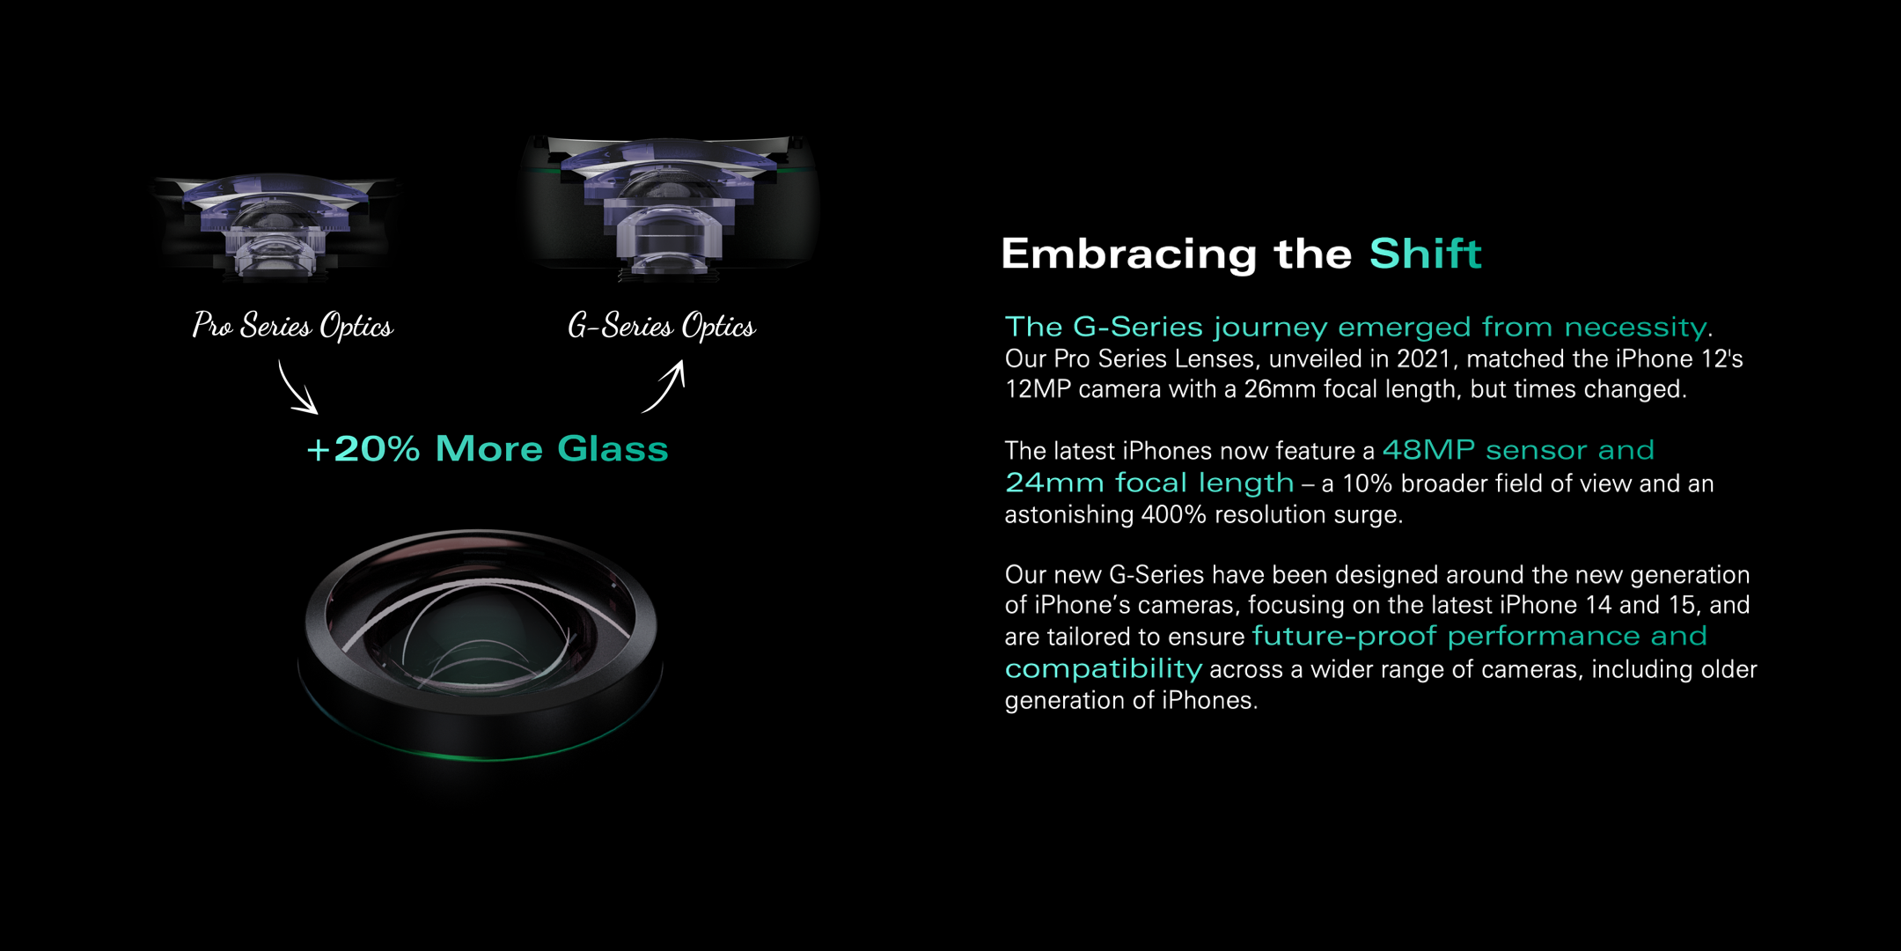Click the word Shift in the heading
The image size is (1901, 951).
click(1426, 254)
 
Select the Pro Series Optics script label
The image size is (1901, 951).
click(293, 326)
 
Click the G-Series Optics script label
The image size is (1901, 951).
click(662, 326)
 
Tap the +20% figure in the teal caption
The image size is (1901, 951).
click(363, 449)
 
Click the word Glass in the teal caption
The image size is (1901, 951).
click(613, 449)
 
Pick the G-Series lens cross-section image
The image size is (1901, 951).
click(669, 208)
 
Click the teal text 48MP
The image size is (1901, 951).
click(1429, 450)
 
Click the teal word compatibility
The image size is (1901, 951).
click(1104, 669)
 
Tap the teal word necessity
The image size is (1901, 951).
click(1635, 328)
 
